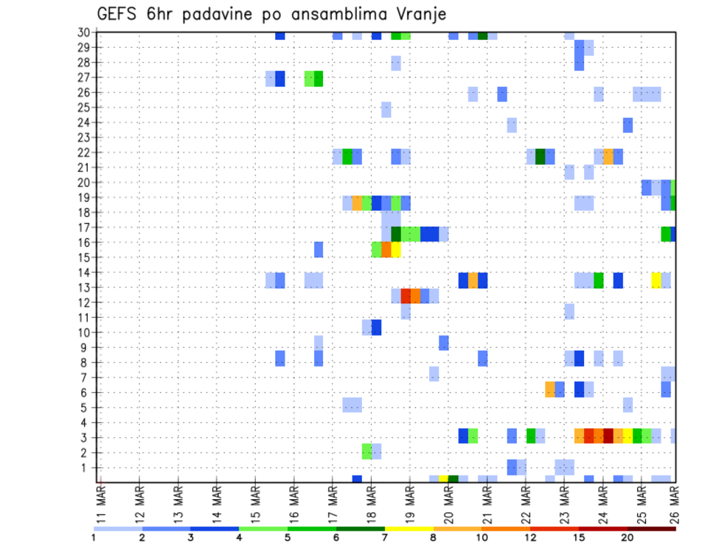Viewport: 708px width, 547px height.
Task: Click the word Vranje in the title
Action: pos(417,15)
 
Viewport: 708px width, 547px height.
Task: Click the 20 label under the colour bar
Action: pos(628,537)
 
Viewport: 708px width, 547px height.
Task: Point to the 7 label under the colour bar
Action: pos(385,537)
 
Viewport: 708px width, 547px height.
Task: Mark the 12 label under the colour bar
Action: pos(531,537)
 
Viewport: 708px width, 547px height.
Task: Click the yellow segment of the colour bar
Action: pos(409,529)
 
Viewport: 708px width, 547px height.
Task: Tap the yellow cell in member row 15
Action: pos(396,250)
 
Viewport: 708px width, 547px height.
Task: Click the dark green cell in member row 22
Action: pos(541,156)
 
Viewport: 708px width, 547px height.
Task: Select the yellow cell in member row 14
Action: pos(656,280)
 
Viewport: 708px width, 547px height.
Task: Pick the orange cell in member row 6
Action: pos(550,389)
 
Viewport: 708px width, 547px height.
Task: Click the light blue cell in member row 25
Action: pos(386,110)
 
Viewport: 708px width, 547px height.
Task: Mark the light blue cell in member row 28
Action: pos(396,63)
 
